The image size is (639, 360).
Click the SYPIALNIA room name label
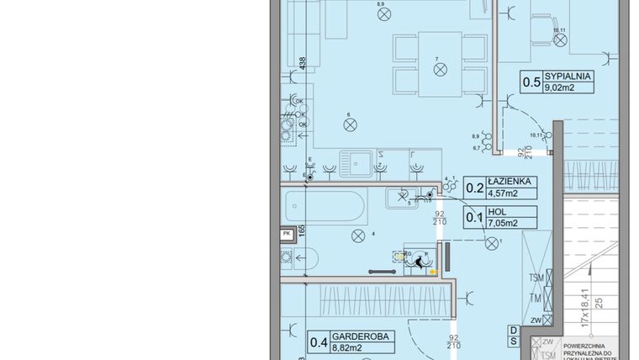(568, 76)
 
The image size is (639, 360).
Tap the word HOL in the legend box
(494, 212)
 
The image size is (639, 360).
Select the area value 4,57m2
(503, 193)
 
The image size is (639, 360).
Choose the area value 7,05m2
(503, 223)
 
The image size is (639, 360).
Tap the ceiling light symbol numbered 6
(349, 124)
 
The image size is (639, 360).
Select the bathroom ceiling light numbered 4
(359, 235)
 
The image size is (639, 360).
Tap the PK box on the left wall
(287, 235)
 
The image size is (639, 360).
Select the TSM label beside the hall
(535, 278)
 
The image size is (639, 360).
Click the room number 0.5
(531, 82)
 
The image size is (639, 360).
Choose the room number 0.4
(319, 341)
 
